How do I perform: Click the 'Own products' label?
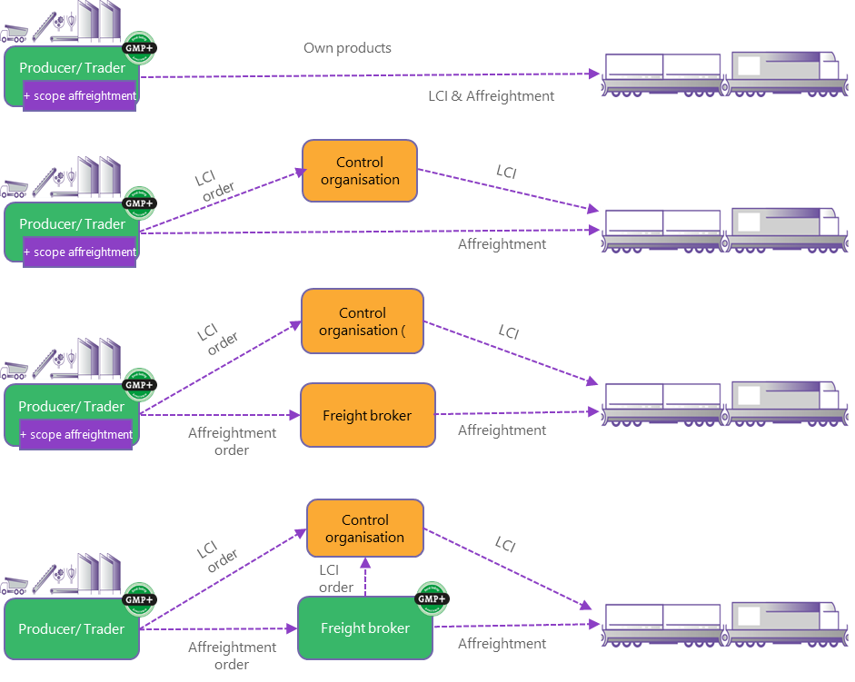click(x=347, y=47)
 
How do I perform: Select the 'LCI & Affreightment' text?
click(x=491, y=95)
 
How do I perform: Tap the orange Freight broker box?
click(x=368, y=415)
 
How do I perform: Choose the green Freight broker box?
click(x=364, y=628)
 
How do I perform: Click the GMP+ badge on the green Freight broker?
click(x=432, y=598)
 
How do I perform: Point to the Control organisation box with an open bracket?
click(x=363, y=321)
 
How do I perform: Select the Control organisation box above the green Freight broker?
click(x=365, y=529)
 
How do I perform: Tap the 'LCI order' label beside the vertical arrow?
click(x=335, y=578)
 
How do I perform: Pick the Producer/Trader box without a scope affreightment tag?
click(x=72, y=628)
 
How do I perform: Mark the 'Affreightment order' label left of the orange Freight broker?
click(x=232, y=441)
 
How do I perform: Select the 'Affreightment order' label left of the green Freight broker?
click(x=232, y=656)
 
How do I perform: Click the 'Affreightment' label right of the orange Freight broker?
click(x=502, y=430)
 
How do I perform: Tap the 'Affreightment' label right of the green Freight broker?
click(x=502, y=644)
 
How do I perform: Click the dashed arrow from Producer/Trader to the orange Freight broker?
click(x=218, y=415)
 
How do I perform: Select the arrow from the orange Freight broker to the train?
click(x=518, y=414)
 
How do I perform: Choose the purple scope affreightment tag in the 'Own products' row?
click(x=80, y=95)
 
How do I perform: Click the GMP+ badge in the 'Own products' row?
click(x=139, y=48)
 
